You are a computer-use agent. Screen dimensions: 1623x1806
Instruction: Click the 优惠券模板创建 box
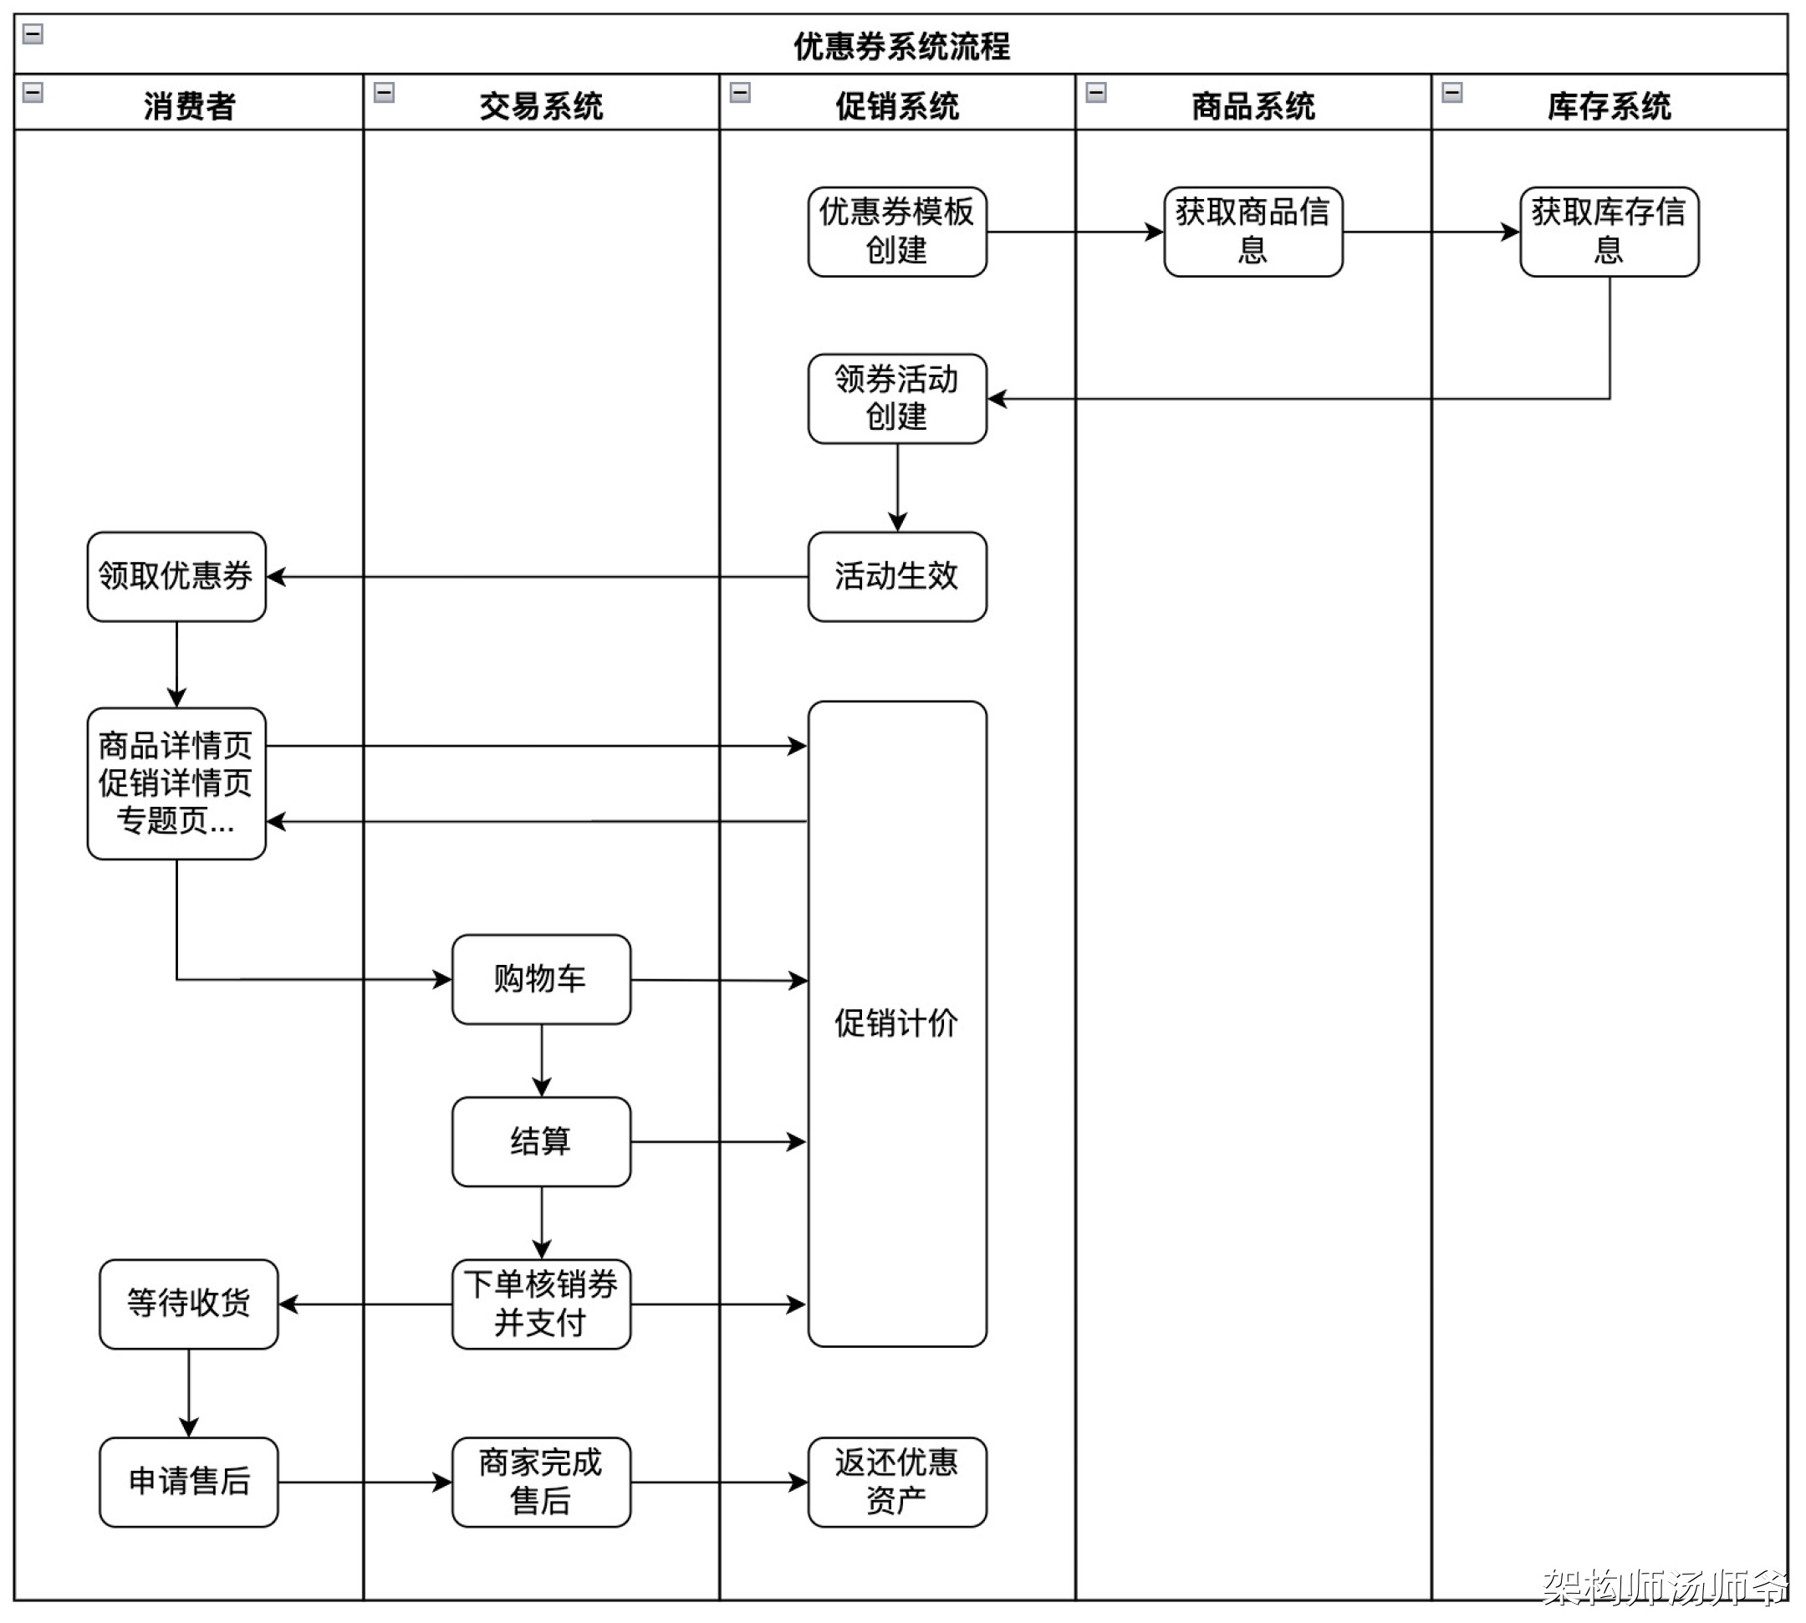click(896, 232)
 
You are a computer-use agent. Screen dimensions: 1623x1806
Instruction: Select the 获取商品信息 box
click(1252, 232)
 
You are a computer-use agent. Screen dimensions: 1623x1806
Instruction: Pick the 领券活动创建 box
click(896, 399)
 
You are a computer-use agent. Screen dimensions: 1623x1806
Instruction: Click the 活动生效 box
click(896, 576)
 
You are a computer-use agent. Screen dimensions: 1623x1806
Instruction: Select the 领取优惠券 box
click(176, 576)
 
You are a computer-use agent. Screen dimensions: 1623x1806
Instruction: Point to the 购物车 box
click(540, 979)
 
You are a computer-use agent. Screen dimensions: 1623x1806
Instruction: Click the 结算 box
click(540, 1141)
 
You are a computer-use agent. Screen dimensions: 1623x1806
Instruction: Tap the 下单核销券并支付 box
click(540, 1304)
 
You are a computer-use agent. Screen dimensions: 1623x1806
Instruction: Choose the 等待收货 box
click(188, 1304)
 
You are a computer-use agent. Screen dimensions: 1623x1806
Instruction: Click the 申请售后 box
click(188, 1482)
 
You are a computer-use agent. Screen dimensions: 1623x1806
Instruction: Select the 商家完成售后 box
click(540, 1482)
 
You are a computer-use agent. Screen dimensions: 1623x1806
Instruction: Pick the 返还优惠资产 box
click(896, 1482)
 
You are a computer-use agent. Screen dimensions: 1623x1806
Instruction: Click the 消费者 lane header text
click(189, 106)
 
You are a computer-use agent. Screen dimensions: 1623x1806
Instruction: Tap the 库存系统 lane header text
click(1608, 106)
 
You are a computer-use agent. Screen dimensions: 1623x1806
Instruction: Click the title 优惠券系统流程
click(901, 46)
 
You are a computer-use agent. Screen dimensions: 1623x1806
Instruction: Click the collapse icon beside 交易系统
click(384, 93)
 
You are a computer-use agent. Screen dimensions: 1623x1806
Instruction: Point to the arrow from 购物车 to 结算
click(541, 1060)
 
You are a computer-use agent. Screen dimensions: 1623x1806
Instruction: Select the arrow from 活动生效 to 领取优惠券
click(535, 577)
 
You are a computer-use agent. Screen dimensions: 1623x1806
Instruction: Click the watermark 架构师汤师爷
click(1664, 1586)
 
